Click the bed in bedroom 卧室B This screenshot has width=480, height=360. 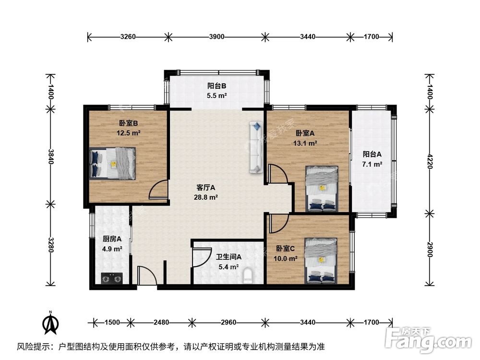coord(113,163)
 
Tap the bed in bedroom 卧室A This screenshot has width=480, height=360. coord(322,189)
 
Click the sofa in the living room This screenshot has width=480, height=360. coord(256,147)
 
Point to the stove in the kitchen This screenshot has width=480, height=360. coord(111,278)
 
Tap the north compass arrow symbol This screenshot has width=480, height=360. coord(50,323)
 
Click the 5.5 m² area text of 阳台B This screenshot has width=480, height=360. coord(217,96)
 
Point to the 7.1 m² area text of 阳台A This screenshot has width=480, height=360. coord(372,164)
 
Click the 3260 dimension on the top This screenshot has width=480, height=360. coord(128,36)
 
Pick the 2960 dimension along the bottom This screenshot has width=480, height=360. coord(228,322)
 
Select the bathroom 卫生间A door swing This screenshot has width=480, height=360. coord(202,258)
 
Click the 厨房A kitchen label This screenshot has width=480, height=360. coord(112,239)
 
